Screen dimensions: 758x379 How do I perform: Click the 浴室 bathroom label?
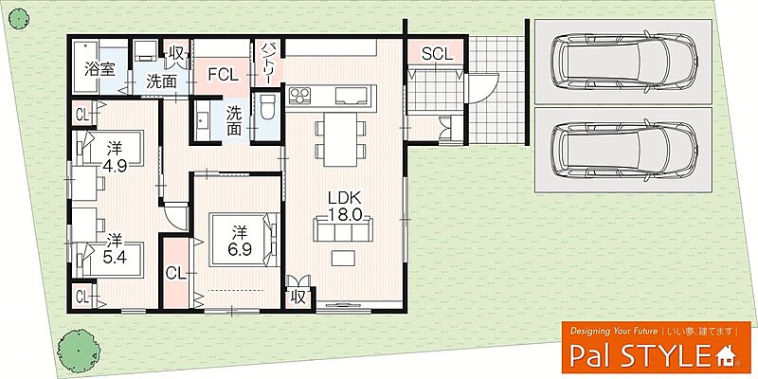100,68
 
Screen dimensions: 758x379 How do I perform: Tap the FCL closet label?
223,75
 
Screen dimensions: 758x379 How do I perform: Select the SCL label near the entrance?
437,54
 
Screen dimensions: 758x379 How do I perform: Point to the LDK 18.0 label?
345,207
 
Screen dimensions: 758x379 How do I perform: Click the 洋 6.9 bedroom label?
237,242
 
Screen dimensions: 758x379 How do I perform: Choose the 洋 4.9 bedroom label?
115,157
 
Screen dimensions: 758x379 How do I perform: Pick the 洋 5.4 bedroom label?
115,249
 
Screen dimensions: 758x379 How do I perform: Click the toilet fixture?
267,107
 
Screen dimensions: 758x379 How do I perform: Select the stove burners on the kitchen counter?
300,95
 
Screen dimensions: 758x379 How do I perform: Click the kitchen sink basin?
350,96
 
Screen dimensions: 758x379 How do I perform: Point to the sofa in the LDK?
343,229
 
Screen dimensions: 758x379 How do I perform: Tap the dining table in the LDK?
340,138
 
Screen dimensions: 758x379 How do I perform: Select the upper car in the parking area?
623,61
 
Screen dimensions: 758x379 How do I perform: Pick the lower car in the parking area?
623,151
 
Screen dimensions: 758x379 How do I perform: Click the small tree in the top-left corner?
19,19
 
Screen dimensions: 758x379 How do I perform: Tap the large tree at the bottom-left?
79,351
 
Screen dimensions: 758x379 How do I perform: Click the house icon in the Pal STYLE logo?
726,357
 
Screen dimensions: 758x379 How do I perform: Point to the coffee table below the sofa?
343,258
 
